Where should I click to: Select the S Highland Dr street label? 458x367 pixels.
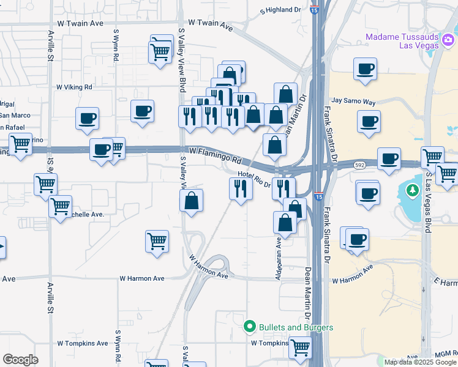pos(281,10)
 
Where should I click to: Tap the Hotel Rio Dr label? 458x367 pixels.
pos(254,181)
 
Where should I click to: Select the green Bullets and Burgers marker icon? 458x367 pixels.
pos(249,327)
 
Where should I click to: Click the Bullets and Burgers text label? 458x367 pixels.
pos(296,327)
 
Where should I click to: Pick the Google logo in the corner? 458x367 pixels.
pos(20,359)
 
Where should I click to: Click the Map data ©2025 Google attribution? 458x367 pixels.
pos(420,362)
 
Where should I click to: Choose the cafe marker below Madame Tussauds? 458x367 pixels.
pos(366,70)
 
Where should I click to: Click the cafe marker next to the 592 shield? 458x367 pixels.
pos(389,158)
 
